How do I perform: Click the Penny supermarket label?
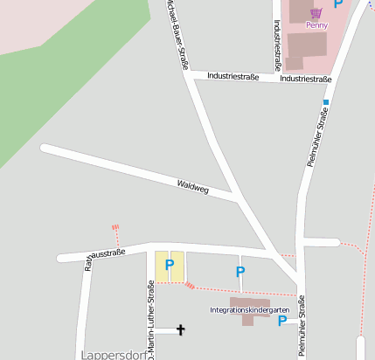[x=316, y=25]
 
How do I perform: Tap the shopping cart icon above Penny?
[x=316, y=12]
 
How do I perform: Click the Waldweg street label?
[x=193, y=186]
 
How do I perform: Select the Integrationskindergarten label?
[x=249, y=310]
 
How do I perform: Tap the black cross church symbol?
[x=182, y=329]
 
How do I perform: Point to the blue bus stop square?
[x=325, y=102]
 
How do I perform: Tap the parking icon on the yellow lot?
[x=170, y=263]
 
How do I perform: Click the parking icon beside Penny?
[x=338, y=4]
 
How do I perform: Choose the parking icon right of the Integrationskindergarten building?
[x=281, y=321]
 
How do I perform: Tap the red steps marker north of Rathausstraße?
[x=115, y=231]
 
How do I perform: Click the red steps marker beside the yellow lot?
[x=190, y=285]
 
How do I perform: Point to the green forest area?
[x=61, y=87]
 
